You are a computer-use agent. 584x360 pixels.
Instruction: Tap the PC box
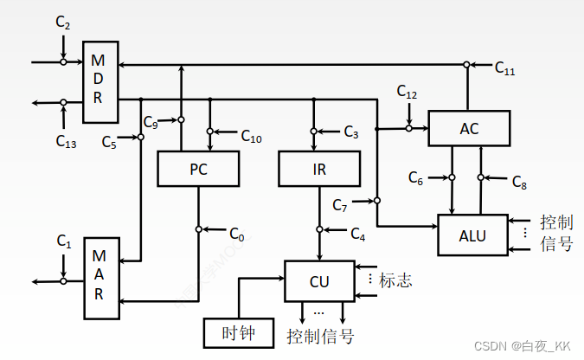coord(198,168)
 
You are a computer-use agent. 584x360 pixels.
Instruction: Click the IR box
coord(318,168)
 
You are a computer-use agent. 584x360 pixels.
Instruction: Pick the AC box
coord(469,129)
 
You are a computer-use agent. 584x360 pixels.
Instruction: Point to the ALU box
coord(472,235)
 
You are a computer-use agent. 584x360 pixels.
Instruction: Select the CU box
coord(319,280)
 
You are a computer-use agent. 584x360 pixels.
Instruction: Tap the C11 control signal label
coord(504,69)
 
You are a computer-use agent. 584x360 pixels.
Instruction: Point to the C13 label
coord(66,140)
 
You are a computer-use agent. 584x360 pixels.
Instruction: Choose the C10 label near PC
coord(251,137)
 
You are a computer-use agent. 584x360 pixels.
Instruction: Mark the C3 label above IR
coord(350,132)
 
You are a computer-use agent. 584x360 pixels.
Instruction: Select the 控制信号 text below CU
coord(320,336)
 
